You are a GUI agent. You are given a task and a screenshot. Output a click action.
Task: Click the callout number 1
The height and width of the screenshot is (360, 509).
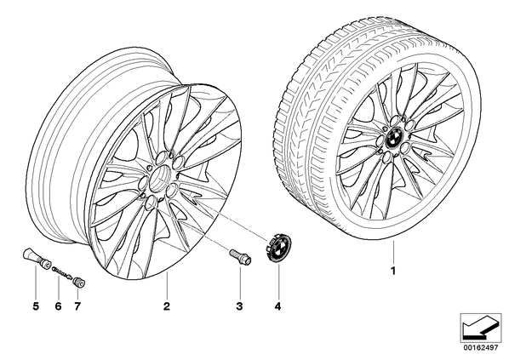393,271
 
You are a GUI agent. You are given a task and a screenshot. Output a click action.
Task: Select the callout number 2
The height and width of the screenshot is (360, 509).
167,306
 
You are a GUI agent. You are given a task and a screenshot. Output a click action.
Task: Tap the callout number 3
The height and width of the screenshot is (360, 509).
239,306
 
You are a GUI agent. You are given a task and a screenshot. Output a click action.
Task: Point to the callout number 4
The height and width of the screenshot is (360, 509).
277,306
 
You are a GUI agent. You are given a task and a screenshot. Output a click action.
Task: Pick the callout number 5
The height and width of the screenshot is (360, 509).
36,306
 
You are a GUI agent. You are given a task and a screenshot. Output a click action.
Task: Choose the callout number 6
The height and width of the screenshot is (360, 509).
58,306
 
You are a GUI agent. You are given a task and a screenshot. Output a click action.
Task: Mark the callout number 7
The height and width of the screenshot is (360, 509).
77,306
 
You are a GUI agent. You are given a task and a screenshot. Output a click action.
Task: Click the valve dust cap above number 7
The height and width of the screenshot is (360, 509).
79,282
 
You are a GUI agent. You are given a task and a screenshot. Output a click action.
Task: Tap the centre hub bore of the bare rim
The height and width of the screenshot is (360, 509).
162,177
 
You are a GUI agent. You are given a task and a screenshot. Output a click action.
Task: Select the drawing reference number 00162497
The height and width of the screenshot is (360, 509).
480,347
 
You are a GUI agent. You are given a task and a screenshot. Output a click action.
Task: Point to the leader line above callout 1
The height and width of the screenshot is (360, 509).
393,252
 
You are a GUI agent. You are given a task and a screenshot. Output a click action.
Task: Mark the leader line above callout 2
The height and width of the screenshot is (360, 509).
167,285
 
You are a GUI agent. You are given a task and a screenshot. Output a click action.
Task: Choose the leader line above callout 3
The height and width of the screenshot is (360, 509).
239,281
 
